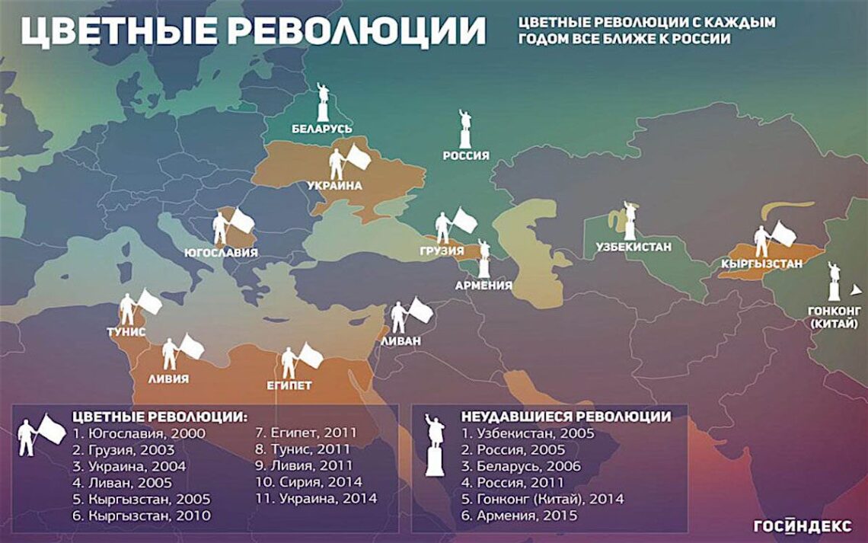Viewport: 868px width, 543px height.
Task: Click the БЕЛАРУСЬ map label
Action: click(x=322, y=129)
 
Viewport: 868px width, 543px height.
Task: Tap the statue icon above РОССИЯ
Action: click(x=465, y=129)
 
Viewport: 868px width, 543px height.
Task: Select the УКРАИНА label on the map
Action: click(x=334, y=185)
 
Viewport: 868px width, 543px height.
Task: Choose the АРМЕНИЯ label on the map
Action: click(x=483, y=286)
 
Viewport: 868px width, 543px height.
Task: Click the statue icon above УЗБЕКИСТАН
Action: click(x=629, y=221)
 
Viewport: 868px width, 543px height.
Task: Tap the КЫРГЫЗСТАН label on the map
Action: click(x=761, y=264)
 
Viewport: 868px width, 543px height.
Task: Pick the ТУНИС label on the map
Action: click(x=126, y=332)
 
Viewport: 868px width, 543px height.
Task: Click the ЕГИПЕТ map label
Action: click(x=290, y=385)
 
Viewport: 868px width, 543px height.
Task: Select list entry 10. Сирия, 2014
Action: click(x=308, y=482)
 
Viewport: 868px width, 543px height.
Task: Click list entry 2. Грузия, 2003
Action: click(x=123, y=449)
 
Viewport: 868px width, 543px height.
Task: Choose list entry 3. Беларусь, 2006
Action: click(x=521, y=466)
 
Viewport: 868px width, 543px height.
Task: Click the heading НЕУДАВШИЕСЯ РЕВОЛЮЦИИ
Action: click(x=566, y=417)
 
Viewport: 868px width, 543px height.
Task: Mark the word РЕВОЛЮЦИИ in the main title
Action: click(x=356, y=31)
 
